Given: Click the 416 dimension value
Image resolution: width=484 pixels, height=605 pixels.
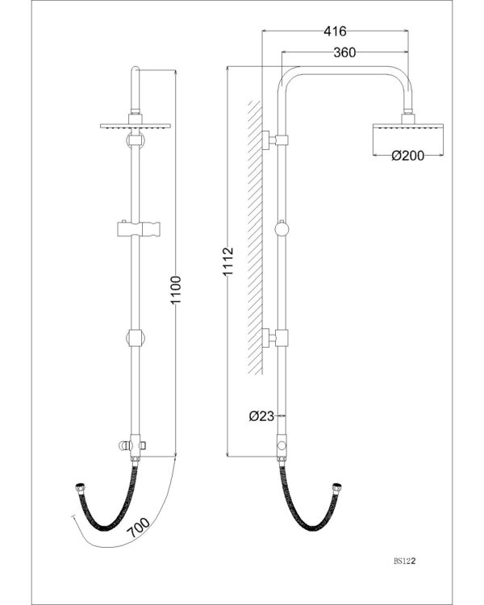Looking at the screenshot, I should (x=335, y=31).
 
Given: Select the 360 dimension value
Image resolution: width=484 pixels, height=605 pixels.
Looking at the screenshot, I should (x=346, y=53).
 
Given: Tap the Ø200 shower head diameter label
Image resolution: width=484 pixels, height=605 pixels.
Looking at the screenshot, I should (x=408, y=156).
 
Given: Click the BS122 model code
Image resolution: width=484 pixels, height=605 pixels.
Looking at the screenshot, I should (x=404, y=557).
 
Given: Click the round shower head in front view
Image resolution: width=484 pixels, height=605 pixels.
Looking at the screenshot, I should (x=135, y=127).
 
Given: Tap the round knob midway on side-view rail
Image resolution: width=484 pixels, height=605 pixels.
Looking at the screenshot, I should (x=281, y=229).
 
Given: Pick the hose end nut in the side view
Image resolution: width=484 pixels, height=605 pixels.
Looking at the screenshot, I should (x=336, y=486).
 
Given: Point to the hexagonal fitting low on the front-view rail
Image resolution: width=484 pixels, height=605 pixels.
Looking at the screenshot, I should (x=135, y=337).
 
